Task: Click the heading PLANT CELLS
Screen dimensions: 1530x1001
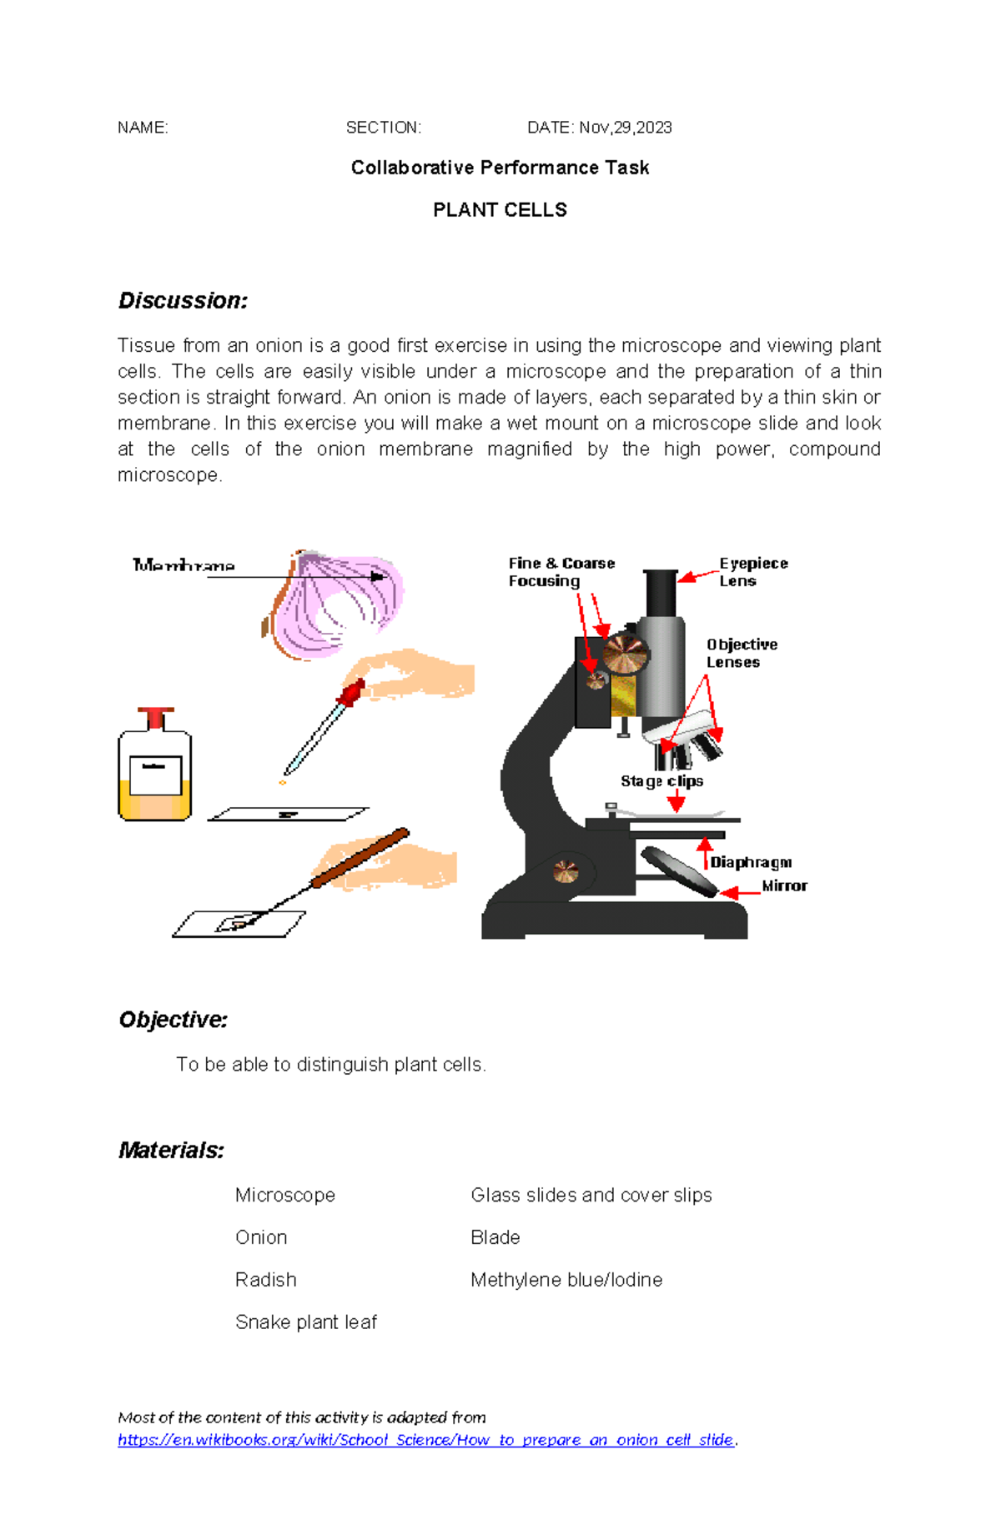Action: click(500, 210)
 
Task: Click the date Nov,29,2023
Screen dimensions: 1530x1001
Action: click(625, 128)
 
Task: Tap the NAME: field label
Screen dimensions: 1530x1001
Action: click(143, 128)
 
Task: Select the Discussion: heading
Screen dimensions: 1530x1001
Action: click(183, 301)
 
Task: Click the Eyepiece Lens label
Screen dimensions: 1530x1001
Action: click(752, 572)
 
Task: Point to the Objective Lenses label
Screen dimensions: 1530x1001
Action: click(741, 654)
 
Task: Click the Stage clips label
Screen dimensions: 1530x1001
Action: click(661, 781)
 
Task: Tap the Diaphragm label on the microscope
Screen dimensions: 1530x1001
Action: click(751, 862)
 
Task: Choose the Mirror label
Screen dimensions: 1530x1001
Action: click(784, 885)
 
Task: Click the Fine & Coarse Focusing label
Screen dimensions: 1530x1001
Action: click(561, 572)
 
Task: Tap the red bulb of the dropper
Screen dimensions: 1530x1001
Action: click(351, 692)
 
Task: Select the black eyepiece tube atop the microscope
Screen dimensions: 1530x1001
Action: click(661, 593)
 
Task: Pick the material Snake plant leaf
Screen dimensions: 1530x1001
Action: click(306, 1322)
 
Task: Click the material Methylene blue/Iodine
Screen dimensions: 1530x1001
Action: click(566, 1280)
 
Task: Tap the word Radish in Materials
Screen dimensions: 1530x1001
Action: click(265, 1280)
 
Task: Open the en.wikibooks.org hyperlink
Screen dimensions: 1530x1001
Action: click(425, 1440)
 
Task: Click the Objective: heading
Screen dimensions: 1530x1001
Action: click(173, 1020)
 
